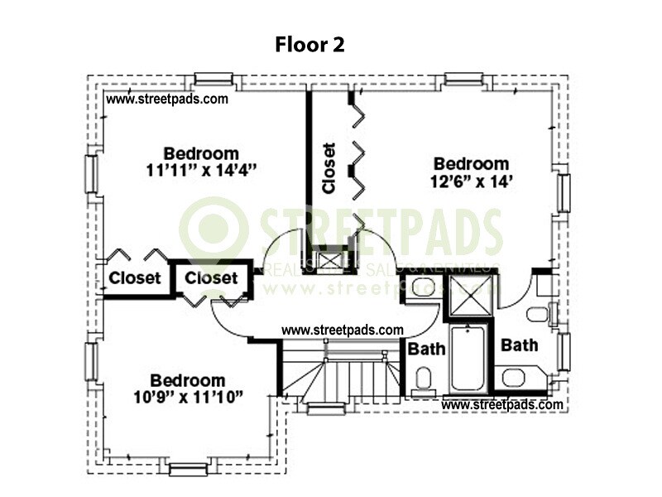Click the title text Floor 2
coord(309,45)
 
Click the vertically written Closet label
coord(329,169)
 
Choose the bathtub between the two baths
coord(469,357)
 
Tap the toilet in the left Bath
coord(423,380)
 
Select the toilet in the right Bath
coord(537,314)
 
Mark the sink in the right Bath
coord(513,379)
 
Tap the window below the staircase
coord(325,408)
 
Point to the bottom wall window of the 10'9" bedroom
coord(187,470)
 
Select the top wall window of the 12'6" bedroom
coord(463,80)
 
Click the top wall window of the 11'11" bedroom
coord(213,80)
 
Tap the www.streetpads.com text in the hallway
coord(343,330)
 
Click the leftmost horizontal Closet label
coord(134,278)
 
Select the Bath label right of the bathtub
coord(520,345)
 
